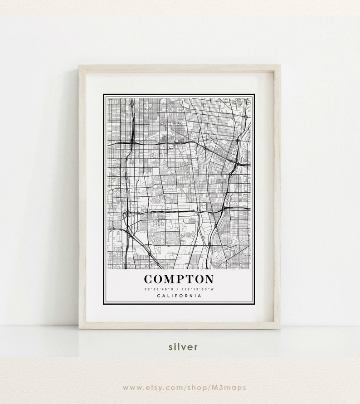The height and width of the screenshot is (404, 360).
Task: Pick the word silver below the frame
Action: coord(183,347)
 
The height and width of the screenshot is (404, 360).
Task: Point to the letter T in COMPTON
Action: coord(190,279)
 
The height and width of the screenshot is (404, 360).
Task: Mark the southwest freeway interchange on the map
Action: coord(128,212)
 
